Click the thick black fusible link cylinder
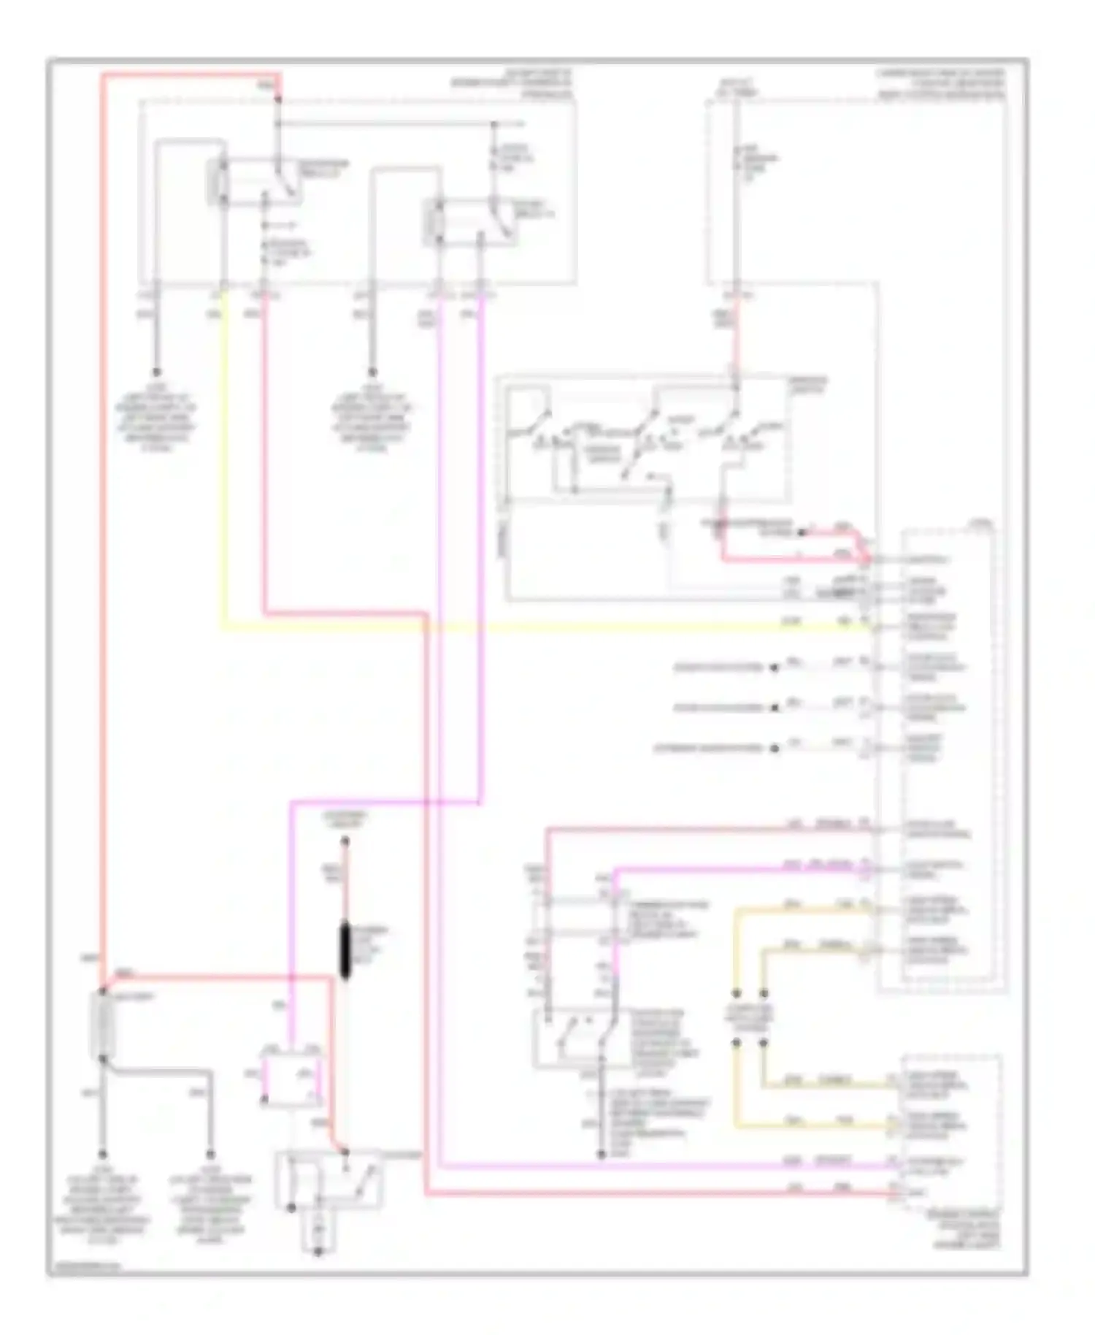(345, 950)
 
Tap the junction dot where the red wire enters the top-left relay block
(278, 97)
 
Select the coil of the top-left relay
(218, 180)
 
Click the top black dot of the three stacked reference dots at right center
(775, 667)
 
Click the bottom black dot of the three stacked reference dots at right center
(775, 748)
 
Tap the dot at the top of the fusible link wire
(345, 841)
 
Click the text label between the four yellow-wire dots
(749, 1018)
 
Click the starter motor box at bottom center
(328, 1180)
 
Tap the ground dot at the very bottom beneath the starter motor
(318, 1252)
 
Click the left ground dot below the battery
(103, 1155)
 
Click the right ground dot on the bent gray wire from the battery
(210, 1155)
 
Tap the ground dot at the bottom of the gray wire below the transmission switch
(602, 1155)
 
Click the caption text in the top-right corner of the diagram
(941, 85)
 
